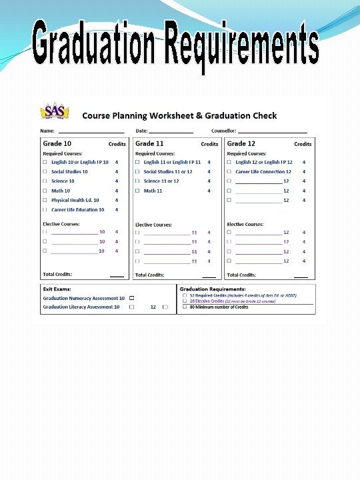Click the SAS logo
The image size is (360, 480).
pyautogui.click(x=55, y=111)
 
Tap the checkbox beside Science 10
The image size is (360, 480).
pyautogui.click(x=45, y=181)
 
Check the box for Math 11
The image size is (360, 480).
pyautogui.click(x=137, y=191)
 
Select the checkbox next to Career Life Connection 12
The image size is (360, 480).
pyautogui.click(x=229, y=172)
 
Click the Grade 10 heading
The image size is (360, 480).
pyautogui.click(x=57, y=143)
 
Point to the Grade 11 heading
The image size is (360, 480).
pyautogui.click(x=149, y=143)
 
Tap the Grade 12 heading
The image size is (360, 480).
pyautogui.click(x=241, y=143)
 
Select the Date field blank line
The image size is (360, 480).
pyautogui.click(x=171, y=132)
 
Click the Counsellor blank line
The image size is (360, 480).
pyautogui.click(x=272, y=132)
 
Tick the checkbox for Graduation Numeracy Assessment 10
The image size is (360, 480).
pyautogui.click(x=131, y=298)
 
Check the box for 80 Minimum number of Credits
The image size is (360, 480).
pyautogui.click(x=185, y=307)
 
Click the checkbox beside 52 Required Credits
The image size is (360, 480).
pyautogui.click(x=185, y=295)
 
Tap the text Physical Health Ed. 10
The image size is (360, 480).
pyautogui.click(x=75, y=200)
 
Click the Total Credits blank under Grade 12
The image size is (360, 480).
pyautogui.click(x=301, y=275)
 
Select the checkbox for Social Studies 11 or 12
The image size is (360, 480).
pyautogui.click(x=137, y=172)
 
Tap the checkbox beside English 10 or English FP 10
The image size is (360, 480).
pyautogui.click(x=45, y=162)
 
